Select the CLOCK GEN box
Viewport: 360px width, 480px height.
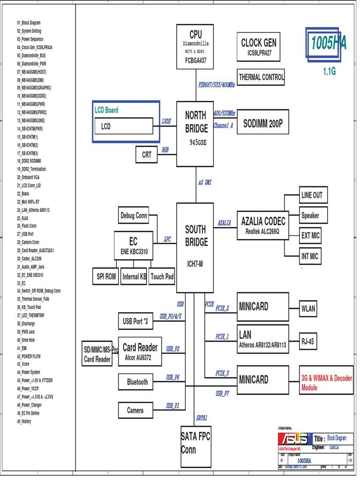point(258,47)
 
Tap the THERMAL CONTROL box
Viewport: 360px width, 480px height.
point(261,77)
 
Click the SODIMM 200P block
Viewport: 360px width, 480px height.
point(262,124)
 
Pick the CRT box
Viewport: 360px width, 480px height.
point(147,155)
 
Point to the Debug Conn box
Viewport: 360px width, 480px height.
point(134,216)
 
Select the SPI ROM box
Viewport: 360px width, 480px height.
point(106,277)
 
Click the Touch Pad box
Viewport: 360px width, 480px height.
point(162,277)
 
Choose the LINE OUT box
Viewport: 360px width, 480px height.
point(312,195)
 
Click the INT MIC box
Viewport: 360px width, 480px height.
point(310,256)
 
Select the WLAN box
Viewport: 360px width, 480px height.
point(308,309)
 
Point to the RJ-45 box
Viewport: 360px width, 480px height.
point(307,342)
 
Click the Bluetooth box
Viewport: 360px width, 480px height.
point(137,382)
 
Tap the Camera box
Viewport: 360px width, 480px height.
point(135,411)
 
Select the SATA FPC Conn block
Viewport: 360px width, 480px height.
point(195,443)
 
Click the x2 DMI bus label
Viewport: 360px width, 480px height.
point(204,182)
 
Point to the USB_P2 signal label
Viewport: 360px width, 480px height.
point(172,349)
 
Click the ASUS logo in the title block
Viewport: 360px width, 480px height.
point(294,439)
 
